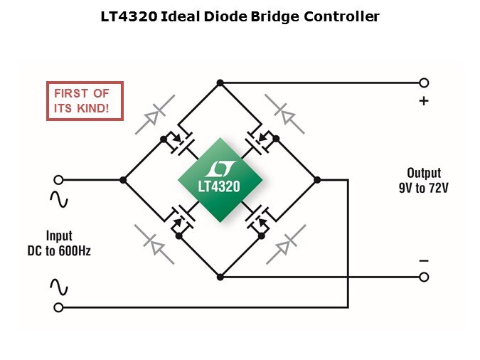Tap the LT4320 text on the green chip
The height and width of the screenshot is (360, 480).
(x=219, y=186)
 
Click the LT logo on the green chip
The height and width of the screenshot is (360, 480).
(x=219, y=169)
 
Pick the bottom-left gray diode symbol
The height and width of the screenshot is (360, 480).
(x=155, y=244)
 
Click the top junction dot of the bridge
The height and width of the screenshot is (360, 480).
(x=220, y=83)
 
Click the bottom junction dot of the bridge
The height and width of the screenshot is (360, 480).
(x=220, y=276)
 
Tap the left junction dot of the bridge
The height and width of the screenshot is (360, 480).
(x=123, y=180)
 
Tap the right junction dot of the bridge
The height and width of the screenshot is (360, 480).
(x=317, y=180)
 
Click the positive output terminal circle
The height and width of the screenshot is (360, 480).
(x=424, y=83)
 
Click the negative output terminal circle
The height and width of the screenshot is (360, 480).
(x=424, y=277)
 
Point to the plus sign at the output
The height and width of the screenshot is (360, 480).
(x=424, y=101)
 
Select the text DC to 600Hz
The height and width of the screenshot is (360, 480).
(x=58, y=251)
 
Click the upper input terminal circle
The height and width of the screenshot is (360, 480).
(x=58, y=180)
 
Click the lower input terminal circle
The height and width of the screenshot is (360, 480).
(x=58, y=307)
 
